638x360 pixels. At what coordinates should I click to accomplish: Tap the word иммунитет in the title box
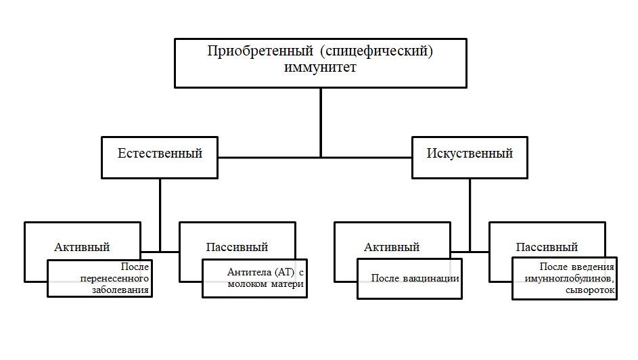click(320, 68)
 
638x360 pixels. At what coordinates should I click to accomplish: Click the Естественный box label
click(160, 153)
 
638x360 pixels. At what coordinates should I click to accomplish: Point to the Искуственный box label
click(470, 153)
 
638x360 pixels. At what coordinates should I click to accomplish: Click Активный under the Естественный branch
click(83, 247)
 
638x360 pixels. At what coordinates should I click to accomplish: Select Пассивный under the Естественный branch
click(237, 247)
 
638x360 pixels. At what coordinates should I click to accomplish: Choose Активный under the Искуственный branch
click(392, 247)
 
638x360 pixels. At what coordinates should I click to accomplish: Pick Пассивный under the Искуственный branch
click(547, 247)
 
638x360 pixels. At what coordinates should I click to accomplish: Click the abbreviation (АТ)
click(282, 272)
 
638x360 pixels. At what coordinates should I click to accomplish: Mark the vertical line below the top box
click(321, 122)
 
